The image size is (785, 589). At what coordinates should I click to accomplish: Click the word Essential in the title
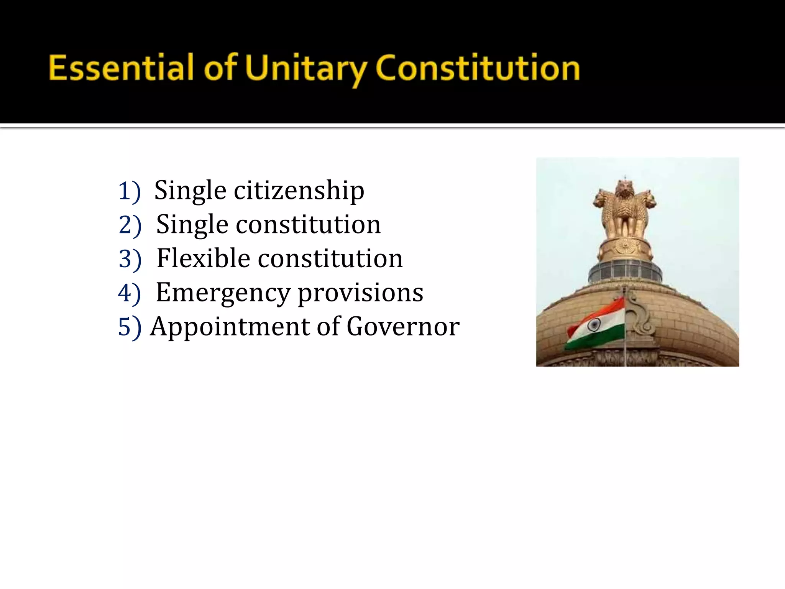coord(121,68)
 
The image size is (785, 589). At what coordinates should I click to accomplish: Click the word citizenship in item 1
coord(299,191)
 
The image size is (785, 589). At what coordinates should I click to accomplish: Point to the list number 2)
coord(130,225)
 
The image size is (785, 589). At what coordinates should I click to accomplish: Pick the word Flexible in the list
coord(203,258)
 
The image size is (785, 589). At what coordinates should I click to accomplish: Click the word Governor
coord(403,327)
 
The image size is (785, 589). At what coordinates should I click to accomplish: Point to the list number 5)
coord(130,327)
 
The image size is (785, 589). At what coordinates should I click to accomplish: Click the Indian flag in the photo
coord(596,324)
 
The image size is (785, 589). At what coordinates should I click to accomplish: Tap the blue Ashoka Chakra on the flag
coord(594,325)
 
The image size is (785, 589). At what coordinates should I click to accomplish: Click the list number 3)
coord(130,259)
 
